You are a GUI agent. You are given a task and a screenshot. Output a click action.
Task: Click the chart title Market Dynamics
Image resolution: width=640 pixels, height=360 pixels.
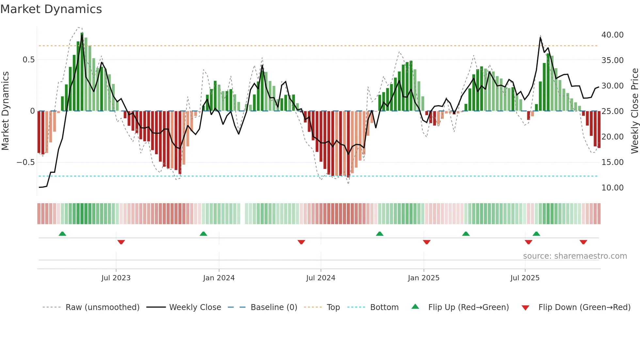(51, 9)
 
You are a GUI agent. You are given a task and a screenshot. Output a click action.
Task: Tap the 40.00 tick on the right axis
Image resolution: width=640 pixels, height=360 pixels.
(612, 35)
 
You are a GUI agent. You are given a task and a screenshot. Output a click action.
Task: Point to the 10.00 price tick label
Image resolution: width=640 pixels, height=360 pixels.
(612, 188)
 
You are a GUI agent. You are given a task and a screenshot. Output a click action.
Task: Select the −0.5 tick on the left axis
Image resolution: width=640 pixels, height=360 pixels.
(26, 162)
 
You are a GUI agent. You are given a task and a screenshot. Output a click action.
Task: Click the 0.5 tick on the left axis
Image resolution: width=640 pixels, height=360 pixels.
(28, 60)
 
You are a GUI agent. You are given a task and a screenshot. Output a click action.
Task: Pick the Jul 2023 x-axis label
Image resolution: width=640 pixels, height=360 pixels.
(116, 278)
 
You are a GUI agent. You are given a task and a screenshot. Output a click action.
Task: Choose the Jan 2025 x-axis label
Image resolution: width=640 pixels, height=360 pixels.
(424, 278)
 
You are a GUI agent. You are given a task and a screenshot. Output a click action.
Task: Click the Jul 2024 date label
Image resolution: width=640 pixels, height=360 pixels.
(321, 278)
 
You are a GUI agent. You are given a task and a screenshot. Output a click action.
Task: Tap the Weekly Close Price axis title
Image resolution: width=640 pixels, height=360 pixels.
(634, 111)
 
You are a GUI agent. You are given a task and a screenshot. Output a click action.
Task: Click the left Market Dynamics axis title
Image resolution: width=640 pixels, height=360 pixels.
(5, 111)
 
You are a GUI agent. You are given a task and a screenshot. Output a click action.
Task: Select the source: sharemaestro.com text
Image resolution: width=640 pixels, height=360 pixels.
(575, 256)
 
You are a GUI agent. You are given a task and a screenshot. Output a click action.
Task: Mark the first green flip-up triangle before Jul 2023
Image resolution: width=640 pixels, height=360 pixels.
(62, 234)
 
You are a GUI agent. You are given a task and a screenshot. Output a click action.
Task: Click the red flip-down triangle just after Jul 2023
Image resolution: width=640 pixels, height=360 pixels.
(121, 242)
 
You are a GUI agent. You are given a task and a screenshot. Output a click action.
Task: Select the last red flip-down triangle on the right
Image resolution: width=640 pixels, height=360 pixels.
(584, 242)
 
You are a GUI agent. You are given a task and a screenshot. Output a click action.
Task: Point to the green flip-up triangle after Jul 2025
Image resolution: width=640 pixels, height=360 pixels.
(536, 234)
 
